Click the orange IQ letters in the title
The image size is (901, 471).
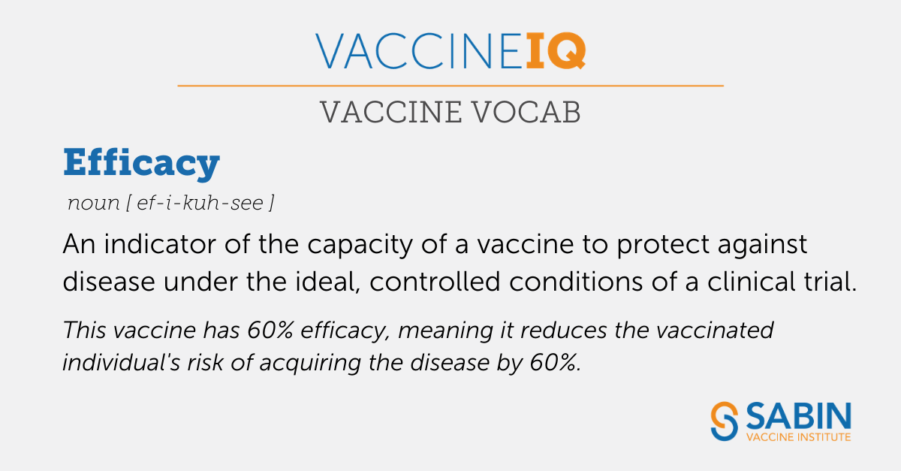556,51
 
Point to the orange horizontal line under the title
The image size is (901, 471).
450,86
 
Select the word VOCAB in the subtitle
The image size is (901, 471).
526,113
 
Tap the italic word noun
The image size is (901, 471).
94,203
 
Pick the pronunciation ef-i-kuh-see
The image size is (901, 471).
200,203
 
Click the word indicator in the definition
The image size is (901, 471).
160,244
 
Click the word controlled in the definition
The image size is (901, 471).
435,281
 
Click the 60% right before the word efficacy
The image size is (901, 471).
270,331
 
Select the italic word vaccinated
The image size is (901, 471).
715,331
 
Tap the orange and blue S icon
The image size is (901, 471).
725,421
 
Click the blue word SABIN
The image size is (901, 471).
798,416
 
